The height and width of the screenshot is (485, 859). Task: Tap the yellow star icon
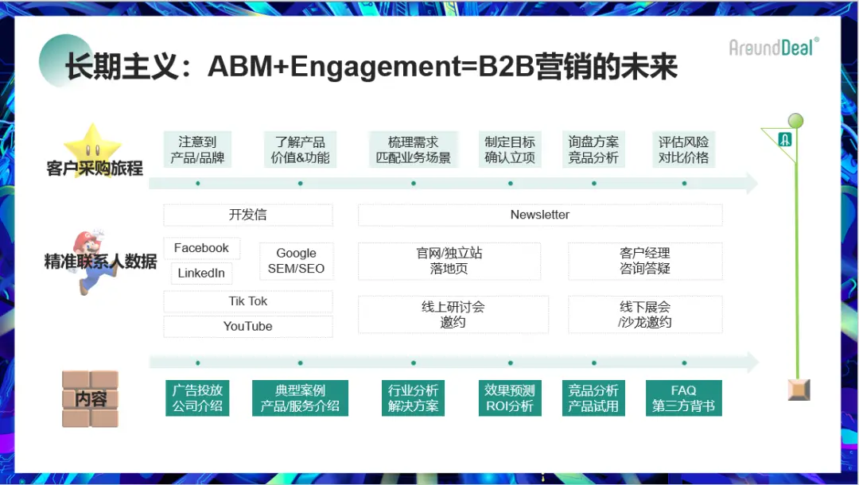point(92,144)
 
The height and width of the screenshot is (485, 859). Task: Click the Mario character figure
point(94,262)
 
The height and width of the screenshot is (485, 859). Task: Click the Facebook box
point(201,248)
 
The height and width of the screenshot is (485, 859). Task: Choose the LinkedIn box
point(201,273)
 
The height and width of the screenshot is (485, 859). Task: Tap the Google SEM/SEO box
point(296,261)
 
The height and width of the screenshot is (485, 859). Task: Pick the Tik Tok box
point(248,301)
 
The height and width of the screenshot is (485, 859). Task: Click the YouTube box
point(248,326)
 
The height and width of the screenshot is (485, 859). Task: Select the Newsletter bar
point(540,215)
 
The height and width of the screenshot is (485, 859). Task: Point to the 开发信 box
point(248,215)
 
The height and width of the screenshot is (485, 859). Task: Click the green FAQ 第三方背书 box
point(683,398)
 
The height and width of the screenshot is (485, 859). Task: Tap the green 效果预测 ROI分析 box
point(510,398)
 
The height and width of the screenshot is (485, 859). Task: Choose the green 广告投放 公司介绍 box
point(198,398)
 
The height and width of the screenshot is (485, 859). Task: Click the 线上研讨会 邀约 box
point(453,314)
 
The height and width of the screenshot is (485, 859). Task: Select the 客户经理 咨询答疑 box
point(645,261)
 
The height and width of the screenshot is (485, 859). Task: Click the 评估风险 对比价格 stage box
point(683,149)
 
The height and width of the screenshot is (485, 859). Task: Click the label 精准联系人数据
point(101,262)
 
